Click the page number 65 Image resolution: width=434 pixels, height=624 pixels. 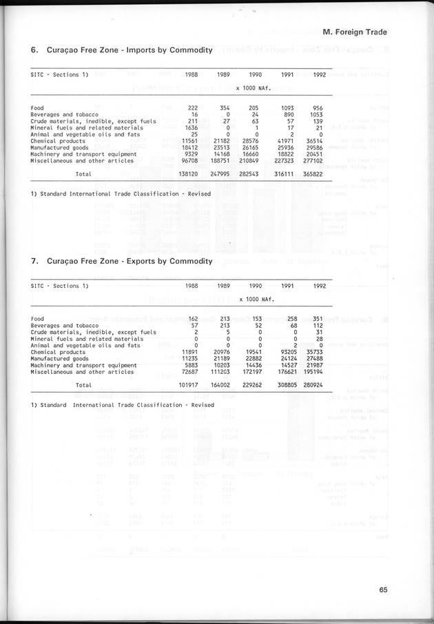[x=383, y=588]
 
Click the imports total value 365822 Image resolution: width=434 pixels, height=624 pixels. [x=313, y=174]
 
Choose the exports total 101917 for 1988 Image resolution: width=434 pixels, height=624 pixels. [x=188, y=385]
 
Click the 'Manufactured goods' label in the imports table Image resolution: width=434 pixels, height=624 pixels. [x=59, y=147]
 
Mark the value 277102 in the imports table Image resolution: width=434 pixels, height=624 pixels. [x=313, y=160]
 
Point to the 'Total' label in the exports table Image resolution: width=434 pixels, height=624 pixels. [x=83, y=385]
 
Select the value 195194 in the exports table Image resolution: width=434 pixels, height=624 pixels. [x=313, y=371]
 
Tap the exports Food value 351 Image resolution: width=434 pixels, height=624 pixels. [x=316, y=319]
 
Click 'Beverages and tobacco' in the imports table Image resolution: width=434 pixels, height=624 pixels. [x=64, y=114]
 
